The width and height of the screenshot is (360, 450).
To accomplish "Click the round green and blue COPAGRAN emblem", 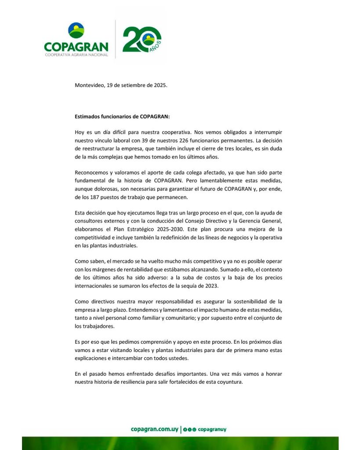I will [76, 30].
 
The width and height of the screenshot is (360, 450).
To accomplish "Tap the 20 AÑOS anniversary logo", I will [142, 40].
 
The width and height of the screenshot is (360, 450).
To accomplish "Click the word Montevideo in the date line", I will [90, 85].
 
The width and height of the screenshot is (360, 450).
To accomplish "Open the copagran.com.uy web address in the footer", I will [155, 429].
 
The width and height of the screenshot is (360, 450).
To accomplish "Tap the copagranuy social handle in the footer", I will [212, 429].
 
